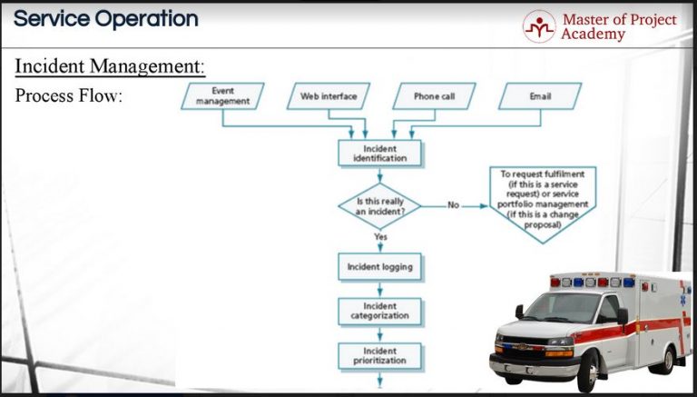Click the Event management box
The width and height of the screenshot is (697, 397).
click(x=222, y=95)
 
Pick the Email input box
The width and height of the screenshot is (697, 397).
click(x=540, y=95)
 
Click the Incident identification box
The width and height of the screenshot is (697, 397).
click(x=379, y=153)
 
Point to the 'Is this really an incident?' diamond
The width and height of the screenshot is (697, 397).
click(x=379, y=205)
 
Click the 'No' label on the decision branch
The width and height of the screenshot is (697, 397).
click(x=453, y=205)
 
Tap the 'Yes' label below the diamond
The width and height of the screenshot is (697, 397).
click(x=381, y=236)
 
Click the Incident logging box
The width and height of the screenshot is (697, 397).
click(x=379, y=267)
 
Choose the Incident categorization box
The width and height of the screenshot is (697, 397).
click(x=379, y=311)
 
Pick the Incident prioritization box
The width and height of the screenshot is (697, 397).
click(x=379, y=355)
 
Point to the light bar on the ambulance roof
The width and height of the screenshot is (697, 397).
click(x=591, y=281)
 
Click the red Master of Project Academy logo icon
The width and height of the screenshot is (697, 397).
click(x=538, y=26)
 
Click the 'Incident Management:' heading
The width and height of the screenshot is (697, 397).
click(x=110, y=66)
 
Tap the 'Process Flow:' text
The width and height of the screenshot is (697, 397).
click(x=68, y=95)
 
